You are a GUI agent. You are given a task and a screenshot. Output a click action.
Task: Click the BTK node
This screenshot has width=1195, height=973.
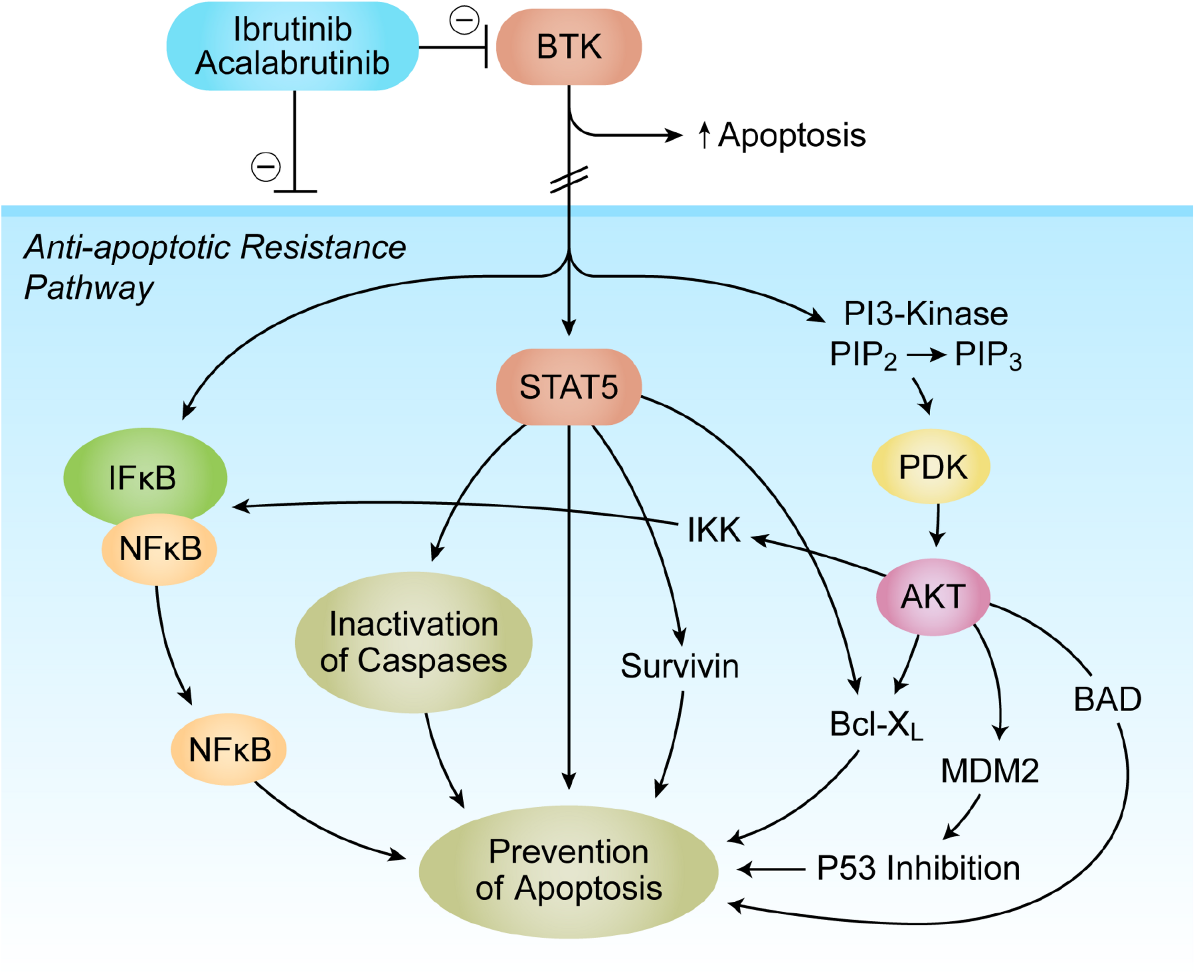tap(568, 46)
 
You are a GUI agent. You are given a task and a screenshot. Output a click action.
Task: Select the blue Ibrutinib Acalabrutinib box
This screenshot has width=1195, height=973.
tap(292, 46)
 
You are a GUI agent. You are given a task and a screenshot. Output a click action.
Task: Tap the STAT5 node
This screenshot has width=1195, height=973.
tap(568, 387)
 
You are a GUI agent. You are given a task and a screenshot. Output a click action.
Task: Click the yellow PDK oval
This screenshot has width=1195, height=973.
tap(931, 466)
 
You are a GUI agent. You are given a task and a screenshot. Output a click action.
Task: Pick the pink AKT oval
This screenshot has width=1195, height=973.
tap(932, 596)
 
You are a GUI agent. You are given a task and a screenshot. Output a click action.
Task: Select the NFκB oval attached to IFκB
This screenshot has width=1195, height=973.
tap(159, 549)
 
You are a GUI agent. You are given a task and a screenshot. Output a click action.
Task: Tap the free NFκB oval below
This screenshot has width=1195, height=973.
tap(228, 750)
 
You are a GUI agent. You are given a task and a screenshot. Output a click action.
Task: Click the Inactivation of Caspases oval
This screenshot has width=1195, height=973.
tap(413, 642)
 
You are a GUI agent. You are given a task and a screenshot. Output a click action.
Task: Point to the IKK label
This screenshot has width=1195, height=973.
tap(714, 530)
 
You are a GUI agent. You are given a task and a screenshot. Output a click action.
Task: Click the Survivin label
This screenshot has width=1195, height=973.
tap(679, 666)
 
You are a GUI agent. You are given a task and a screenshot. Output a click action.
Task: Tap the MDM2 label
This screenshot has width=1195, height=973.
tap(989, 771)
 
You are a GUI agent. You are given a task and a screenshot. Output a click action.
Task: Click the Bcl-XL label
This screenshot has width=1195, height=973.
tap(876, 724)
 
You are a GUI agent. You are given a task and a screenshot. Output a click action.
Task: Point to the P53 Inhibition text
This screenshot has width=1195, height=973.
tap(918, 869)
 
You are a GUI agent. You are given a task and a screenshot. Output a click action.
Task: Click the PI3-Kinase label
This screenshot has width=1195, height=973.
tap(925, 314)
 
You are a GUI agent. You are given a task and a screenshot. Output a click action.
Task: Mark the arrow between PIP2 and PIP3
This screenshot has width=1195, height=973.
tap(926, 355)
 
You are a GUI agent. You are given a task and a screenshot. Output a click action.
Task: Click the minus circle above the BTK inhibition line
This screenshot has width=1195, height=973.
tap(464, 21)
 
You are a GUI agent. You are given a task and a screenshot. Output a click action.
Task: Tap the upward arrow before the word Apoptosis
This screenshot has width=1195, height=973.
tap(704, 136)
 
